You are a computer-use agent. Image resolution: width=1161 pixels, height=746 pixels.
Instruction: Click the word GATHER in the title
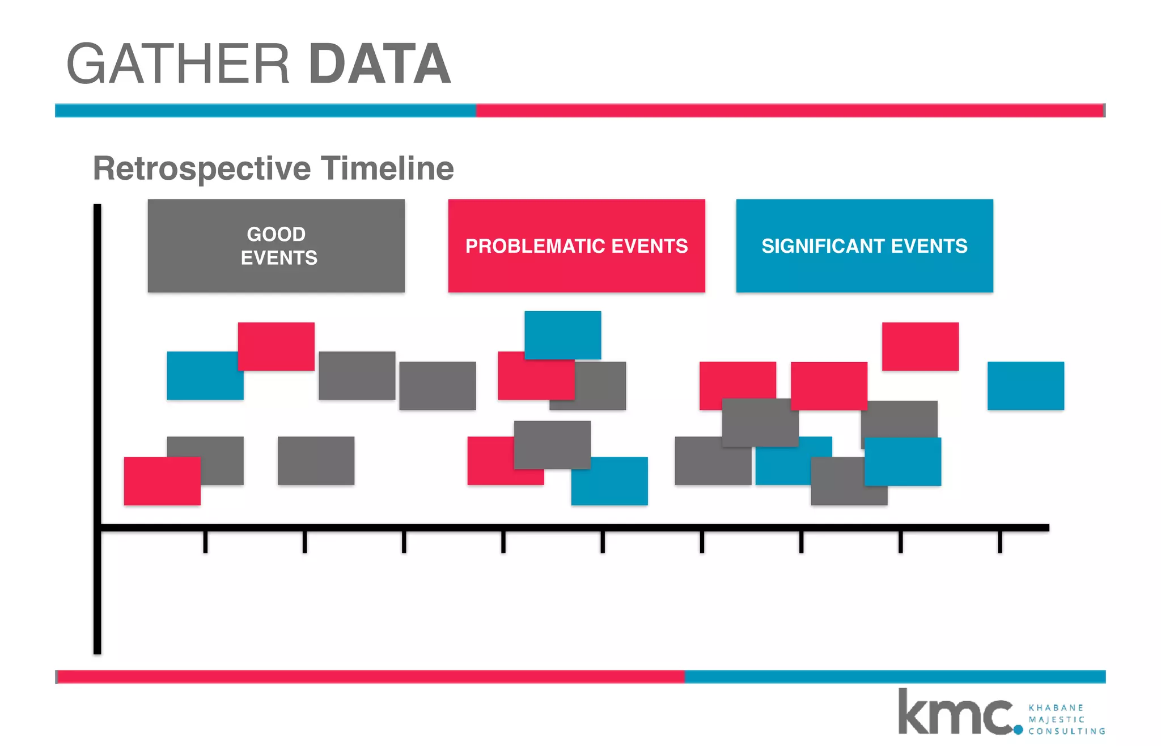pyautogui.click(x=178, y=64)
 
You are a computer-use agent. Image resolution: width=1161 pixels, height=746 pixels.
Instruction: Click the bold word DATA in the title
pyautogui.click(x=380, y=64)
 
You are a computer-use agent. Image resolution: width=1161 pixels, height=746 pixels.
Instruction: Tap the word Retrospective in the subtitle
pyautogui.click(x=202, y=169)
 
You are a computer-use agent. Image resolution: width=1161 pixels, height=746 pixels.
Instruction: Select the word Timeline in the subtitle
pyautogui.click(x=388, y=168)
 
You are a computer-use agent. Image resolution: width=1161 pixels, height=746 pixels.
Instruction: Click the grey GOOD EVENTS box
pyautogui.click(x=276, y=245)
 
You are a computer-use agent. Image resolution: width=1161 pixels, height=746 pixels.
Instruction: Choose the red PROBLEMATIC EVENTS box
pyautogui.click(x=577, y=245)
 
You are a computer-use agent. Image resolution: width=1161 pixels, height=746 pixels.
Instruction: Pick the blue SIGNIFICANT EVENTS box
pyautogui.click(x=865, y=245)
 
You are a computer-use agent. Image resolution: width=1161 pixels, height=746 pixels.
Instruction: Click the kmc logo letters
pyautogui.click(x=955, y=713)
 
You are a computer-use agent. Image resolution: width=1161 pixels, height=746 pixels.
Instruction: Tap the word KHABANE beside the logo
pyautogui.click(x=1056, y=707)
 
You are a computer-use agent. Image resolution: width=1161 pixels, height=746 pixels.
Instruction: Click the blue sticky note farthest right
pyautogui.click(x=1026, y=385)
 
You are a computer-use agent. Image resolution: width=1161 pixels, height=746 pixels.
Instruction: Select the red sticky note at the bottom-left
pyautogui.click(x=162, y=481)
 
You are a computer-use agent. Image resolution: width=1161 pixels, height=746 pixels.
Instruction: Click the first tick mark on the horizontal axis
pyautogui.click(x=205, y=541)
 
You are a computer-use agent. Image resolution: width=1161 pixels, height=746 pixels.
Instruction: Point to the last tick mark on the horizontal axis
pyautogui.click(x=1000, y=541)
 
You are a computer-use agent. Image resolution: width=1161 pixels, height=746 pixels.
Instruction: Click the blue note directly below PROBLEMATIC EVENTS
pyautogui.click(x=562, y=334)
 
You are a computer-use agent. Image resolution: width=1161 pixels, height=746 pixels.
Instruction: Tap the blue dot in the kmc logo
pyautogui.click(x=1018, y=730)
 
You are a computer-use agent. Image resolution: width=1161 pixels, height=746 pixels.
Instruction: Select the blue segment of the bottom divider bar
pyautogui.click(x=895, y=677)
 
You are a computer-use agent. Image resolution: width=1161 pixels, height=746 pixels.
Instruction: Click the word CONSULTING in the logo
pyautogui.click(x=1066, y=731)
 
